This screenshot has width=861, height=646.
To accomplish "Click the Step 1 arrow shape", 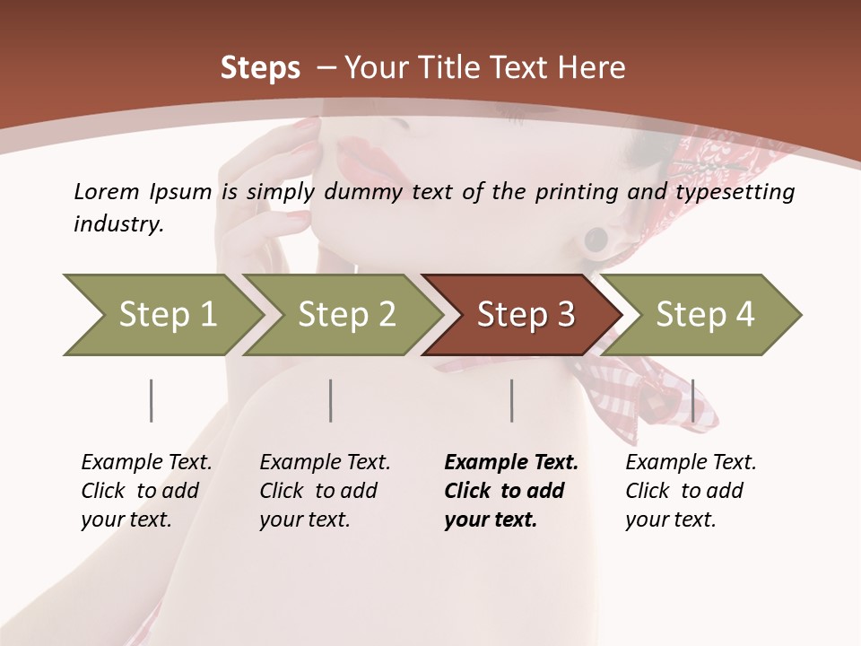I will coord(161,315).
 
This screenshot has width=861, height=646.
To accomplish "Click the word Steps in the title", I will coord(260,68).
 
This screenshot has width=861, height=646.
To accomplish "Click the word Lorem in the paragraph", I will coord(107,192).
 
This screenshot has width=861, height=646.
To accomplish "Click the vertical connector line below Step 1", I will coord(152,400).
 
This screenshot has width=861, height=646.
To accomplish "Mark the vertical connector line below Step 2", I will coord(331,400).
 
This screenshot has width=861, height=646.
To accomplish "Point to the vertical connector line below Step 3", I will coord(511,400).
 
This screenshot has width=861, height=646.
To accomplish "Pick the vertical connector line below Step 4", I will coord(692,400).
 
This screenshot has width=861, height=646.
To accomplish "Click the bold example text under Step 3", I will coord(510,491).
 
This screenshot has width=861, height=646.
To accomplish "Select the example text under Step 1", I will coord(146,491).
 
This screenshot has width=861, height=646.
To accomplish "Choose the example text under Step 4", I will coord(691,491).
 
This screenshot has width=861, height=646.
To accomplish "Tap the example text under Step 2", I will coord(325,491).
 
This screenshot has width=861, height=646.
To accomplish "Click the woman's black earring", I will coord(596,240).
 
